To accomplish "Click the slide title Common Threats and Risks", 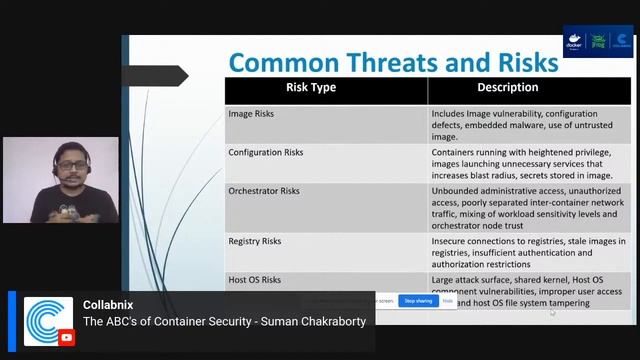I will (x=392, y=62).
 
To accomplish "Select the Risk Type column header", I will (x=311, y=88).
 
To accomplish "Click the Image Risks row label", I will (x=251, y=114).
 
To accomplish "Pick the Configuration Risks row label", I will (x=265, y=153).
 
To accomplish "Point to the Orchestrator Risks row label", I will (x=263, y=190).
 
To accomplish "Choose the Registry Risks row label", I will (x=254, y=241).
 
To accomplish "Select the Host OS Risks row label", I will (x=254, y=280).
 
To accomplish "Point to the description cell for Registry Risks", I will (x=528, y=252).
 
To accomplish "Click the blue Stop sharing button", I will (x=417, y=300).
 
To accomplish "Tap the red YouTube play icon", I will (x=66, y=338).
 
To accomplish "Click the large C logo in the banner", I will (x=47, y=321).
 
